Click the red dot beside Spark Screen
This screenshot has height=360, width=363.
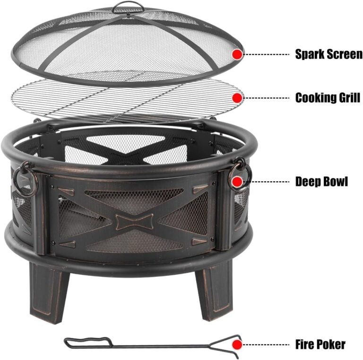tap(237, 54)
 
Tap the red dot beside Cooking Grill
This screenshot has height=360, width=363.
tap(237, 98)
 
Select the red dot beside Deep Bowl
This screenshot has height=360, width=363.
tap(237, 181)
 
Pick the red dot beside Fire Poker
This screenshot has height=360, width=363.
tap(238, 344)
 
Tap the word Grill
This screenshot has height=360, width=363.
tap(349, 98)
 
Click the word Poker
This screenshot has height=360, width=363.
tap(330, 344)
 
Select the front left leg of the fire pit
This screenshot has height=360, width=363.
tap(48, 288)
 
